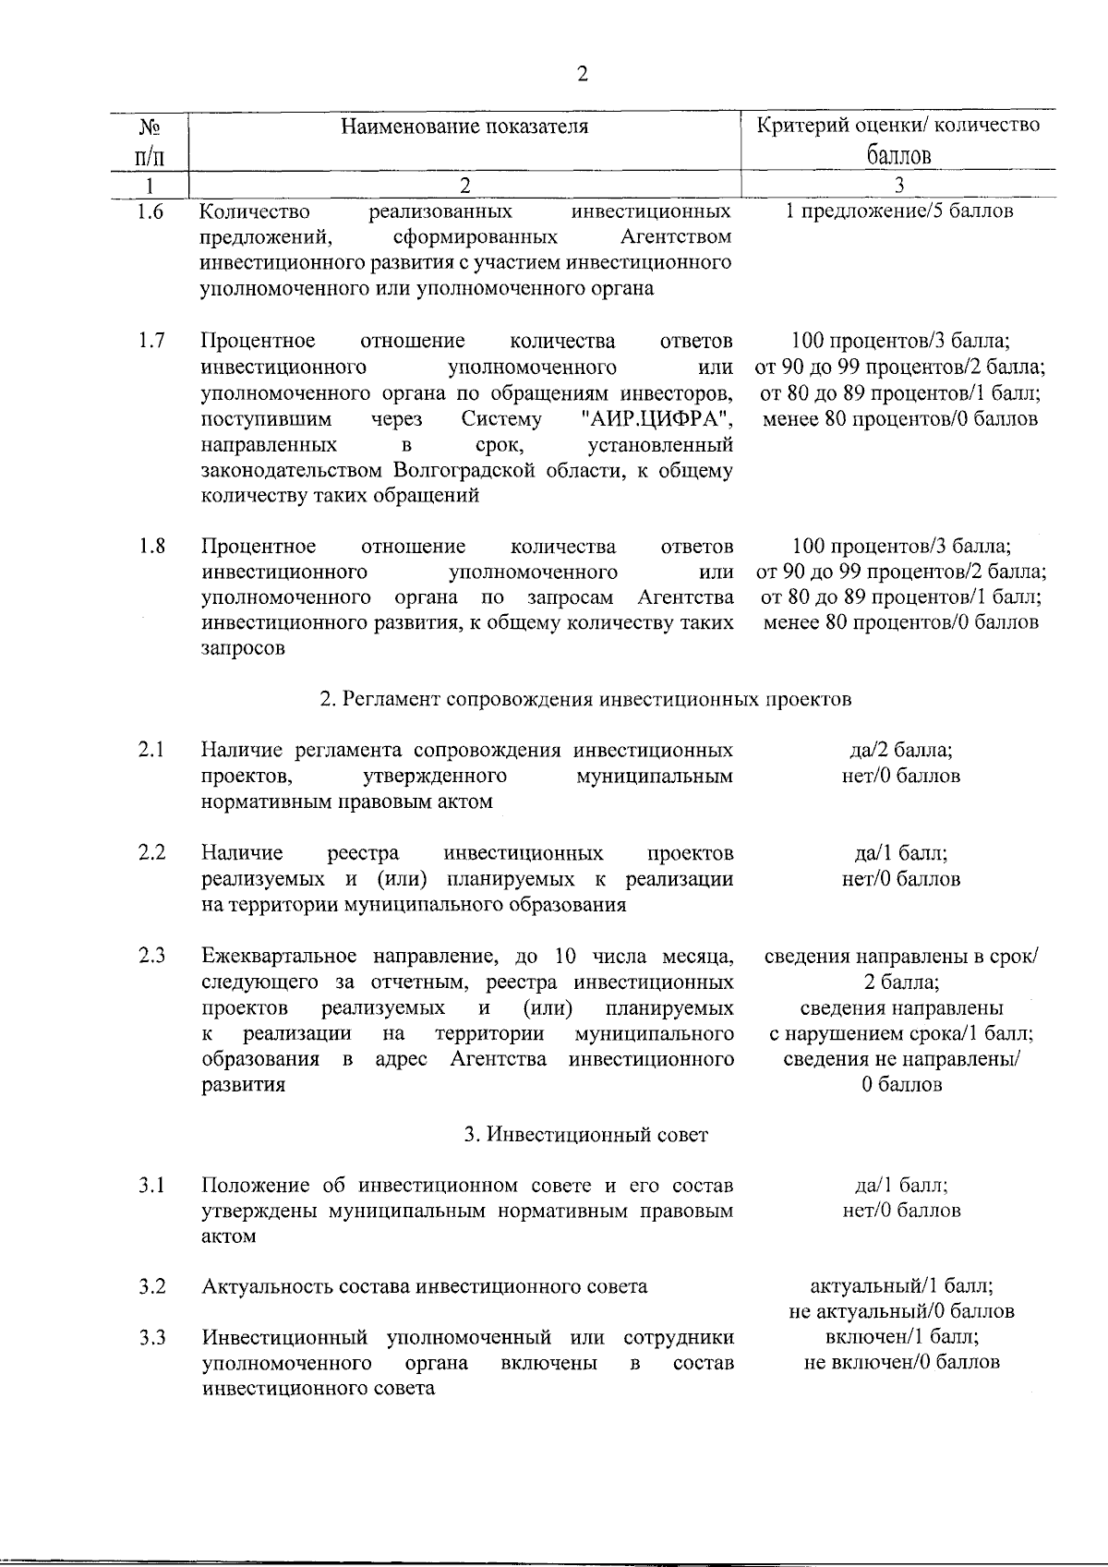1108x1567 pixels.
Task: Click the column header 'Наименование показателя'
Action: click(464, 127)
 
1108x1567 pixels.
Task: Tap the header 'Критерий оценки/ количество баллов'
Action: click(898, 139)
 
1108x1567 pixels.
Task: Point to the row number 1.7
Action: click(151, 342)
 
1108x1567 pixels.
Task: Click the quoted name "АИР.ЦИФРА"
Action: click(658, 420)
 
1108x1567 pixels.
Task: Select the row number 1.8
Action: click(151, 546)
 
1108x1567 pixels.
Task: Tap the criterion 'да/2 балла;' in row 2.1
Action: click(900, 750)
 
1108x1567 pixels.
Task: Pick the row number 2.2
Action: click(151, 852)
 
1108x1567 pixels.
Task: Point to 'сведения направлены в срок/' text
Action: click(901, 957)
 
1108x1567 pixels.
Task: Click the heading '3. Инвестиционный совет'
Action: click(585, 1135)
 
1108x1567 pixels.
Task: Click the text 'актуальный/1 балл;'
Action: click(901, 1286)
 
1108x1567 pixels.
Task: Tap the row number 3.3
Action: click(151, 1337)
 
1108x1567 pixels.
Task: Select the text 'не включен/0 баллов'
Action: click(901, 1362)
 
